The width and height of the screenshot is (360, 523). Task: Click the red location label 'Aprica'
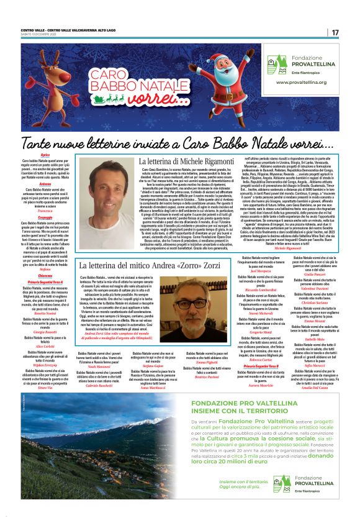click(45, 154)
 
